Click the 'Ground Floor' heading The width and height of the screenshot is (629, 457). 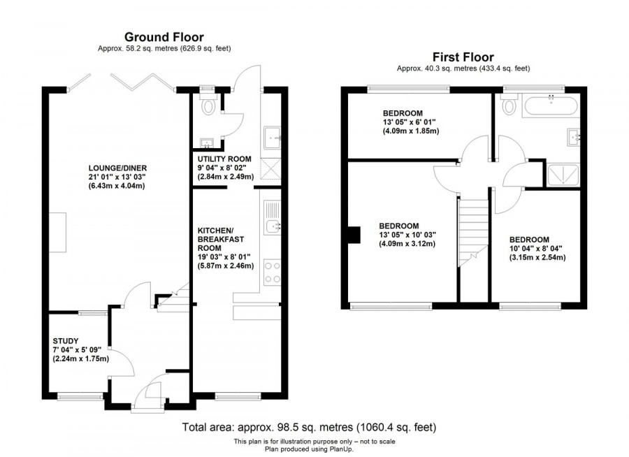164,36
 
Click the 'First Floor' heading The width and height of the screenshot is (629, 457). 463,57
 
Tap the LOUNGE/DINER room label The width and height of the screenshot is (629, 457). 117,168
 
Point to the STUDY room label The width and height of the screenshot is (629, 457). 66,341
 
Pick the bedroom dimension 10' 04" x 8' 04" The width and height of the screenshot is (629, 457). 537,247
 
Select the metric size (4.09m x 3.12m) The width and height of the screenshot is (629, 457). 407,244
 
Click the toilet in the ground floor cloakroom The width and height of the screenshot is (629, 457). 207,106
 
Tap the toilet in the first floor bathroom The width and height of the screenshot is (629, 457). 508,107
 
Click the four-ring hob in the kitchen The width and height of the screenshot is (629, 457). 271,273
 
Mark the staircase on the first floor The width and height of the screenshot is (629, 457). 473,231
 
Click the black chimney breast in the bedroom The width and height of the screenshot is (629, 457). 353,235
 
